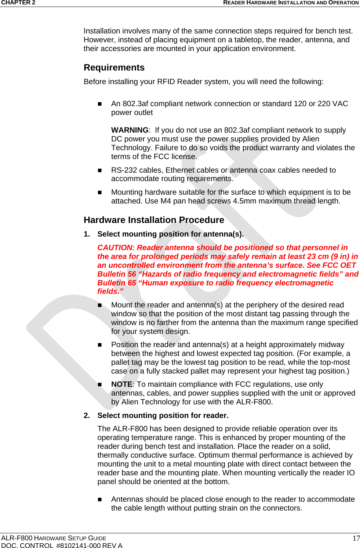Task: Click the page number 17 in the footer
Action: point(356,538)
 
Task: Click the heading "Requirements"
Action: point(114,68)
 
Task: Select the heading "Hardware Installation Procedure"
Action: point(154,220)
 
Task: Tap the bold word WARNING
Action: point(130,130)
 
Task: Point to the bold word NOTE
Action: point(121,384)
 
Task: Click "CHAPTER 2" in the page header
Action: point(18,3)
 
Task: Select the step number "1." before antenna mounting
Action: point(87,234)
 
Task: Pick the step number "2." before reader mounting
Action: point(87,415)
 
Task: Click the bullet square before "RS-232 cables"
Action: point(99,170)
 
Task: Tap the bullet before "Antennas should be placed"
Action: point(99,500)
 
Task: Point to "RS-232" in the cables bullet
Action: point(124,170)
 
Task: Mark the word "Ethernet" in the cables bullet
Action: point(180,170)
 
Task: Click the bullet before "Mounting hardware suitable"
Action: point(99,192)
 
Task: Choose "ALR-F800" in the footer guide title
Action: point(17,538)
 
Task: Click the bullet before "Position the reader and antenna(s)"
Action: point(99,345)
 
